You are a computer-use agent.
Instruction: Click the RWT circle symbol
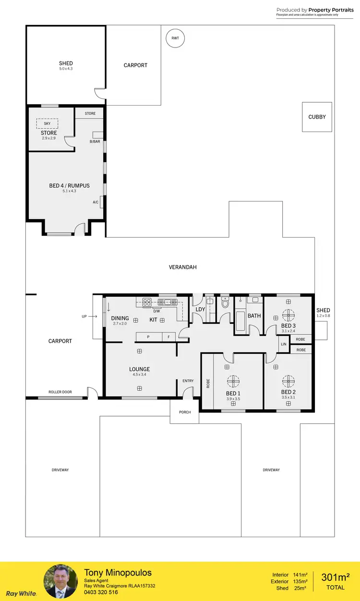(x=175, y=38)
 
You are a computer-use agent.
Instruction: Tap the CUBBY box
(x=317, y=117)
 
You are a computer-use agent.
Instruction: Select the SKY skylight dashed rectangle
(x=47, y=123)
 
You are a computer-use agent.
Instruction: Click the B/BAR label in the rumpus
(x=95, y=142)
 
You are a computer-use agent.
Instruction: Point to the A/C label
(x=96, y=203)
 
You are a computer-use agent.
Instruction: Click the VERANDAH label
(x=183, y=267)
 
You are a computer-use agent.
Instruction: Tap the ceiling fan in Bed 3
(x=288, y=315)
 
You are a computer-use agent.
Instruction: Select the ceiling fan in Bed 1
(x=233, y=381)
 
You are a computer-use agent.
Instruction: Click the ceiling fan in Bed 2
(x=288, y=381)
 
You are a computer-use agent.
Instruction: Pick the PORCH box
(x=185, y=412)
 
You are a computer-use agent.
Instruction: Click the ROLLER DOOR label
(x=60, y=392)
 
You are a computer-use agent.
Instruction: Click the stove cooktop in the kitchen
(x=147, y=302)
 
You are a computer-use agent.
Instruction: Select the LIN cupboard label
(x=284, y=345)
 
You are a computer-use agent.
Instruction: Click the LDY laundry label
(x=200, y=310)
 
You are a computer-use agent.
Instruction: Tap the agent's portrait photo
(x=60, y=581)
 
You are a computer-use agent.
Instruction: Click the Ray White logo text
(x=21, y=593)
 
